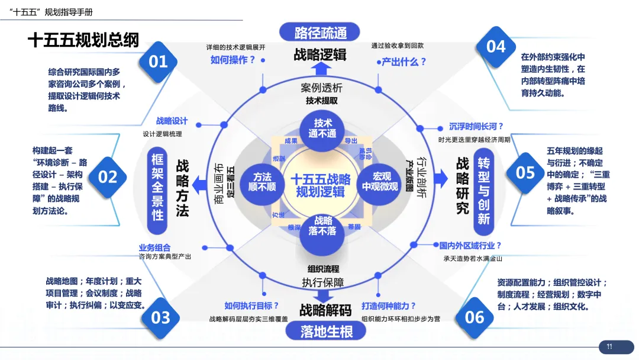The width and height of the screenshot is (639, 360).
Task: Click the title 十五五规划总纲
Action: coord(83,40)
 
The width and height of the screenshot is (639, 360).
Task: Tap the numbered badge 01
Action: coord(158,61)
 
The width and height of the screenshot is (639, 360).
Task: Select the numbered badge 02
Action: coord(108,176)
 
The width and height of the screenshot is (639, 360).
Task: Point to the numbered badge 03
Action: coord(160,317)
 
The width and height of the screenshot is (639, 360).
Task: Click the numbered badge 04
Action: coord(496,46)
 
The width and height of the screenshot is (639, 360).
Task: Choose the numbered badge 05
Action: coord(525,172)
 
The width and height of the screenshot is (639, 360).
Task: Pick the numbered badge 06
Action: coord(475,317)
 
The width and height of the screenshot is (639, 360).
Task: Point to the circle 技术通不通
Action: coord(323,128)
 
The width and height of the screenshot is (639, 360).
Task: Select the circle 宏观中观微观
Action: coord(380,182)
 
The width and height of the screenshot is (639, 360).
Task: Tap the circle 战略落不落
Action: coord(322,226)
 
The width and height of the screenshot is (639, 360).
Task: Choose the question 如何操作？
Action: coord(233,60)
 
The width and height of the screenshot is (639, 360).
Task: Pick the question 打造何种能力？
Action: coord(389,306)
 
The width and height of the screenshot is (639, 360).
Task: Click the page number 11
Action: coord(609,347)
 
